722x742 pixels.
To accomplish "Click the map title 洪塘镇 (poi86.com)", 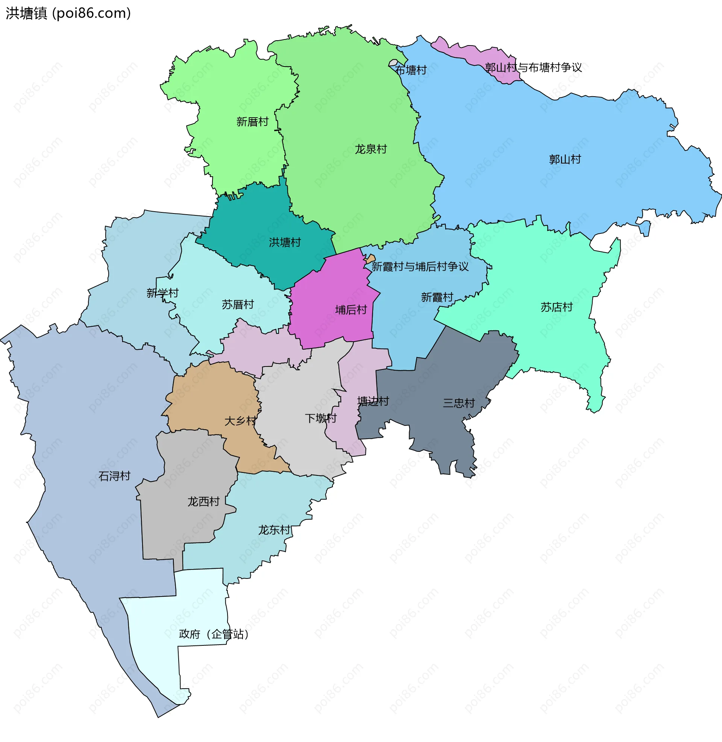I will pyautogui.click(x=68, y=13).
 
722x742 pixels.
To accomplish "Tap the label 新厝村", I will pyautogui.click(x=252, y=122).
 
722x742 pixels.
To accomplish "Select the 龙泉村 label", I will pyautogui.click(x=370, y=149).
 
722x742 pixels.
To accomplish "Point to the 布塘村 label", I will pyautogui.click(x=411, y=70).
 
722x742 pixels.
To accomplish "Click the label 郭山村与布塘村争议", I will pyautogui.click(x=533, y=67).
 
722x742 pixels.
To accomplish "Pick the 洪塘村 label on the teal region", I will pyautogui.click(x=285, y=242).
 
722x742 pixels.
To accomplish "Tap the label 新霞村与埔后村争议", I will pyautogui.click(x=420, y=267).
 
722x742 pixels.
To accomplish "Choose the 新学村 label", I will pyautogui.click(x=162, y=293).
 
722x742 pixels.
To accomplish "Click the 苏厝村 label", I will pyautogui.click(x=238, y=305).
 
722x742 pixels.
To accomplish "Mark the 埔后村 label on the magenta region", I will pyautogui.click(x=351, y=310).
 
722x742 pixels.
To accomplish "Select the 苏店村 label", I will pyautogui.click(x=556, y=307).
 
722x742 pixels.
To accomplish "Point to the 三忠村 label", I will pyautogui.click(x=459, y=403).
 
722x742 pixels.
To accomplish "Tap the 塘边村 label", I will pyautogui.click(x=373, y=401).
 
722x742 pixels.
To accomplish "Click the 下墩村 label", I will pyautogui.click(x=321, y=418).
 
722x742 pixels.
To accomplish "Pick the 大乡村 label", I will pyautogui.click(x=240, y=421).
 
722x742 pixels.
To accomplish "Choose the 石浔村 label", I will pyautogui.click(x=114, y=476).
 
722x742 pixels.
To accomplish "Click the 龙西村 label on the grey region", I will pyautogui.click(x=204, y=502).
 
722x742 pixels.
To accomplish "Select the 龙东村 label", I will pyautogui.click(x=275, y=530).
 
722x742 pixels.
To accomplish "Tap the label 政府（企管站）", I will pyautogui.click(x=214, y=634).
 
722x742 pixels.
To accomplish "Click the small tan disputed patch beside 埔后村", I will pyautogui.click(x=370, y=259).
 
